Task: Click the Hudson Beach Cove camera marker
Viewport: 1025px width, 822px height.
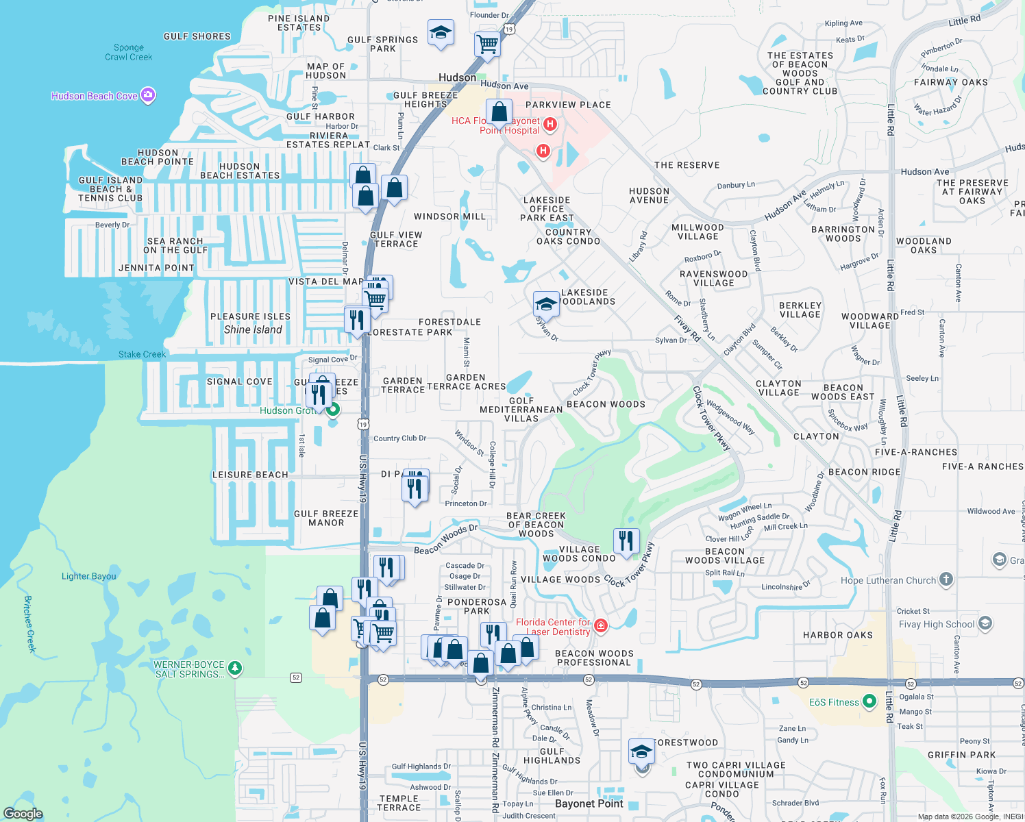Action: [x=148, y=95]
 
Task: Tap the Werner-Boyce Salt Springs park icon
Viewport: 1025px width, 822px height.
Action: [x=234, y=668]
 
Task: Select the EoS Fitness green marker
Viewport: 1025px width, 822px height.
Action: [x=869, y=701]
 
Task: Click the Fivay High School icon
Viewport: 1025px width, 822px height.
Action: [x=985, y=623]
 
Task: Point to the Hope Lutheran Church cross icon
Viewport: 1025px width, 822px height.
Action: [x=946, y=580]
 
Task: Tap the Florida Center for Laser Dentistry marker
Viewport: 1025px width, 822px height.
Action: [x=601, y=625]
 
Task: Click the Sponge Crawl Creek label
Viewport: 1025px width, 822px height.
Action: [x=129, y=52]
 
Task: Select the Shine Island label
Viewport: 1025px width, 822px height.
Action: [x=253, y=329]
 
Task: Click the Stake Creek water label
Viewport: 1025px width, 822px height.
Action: [x=142, y=354]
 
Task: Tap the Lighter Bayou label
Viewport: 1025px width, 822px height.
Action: [x=89, y=576]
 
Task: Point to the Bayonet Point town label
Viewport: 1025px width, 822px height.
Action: [x=589, y=804]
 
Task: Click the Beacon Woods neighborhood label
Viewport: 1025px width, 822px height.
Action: [x=606, y=404]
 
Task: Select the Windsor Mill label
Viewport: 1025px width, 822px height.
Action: [x=449, y=216]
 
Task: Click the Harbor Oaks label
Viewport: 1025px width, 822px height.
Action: [x=838, y=635]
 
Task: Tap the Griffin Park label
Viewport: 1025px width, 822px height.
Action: [x=961, y=755]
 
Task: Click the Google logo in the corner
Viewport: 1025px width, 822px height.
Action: [x=23, y=813]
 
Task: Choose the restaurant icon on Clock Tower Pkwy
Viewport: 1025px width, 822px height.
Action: [x=626, y=540]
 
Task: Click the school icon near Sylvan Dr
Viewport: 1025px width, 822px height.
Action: [x=546, y=303]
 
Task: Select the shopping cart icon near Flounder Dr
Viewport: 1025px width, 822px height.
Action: [x=487, y=44]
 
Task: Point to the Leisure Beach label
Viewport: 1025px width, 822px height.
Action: [x=250, y=475]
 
